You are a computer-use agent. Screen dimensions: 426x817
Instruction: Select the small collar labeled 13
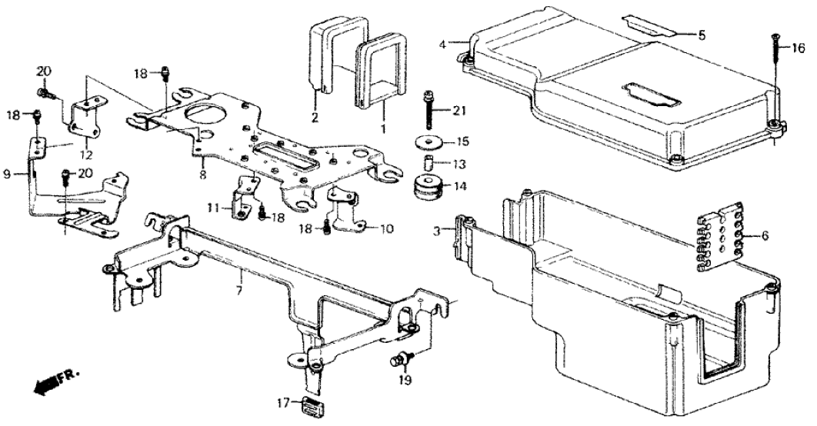[x=428, y=163]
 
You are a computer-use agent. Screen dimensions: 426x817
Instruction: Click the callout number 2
[x=315, y=117]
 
